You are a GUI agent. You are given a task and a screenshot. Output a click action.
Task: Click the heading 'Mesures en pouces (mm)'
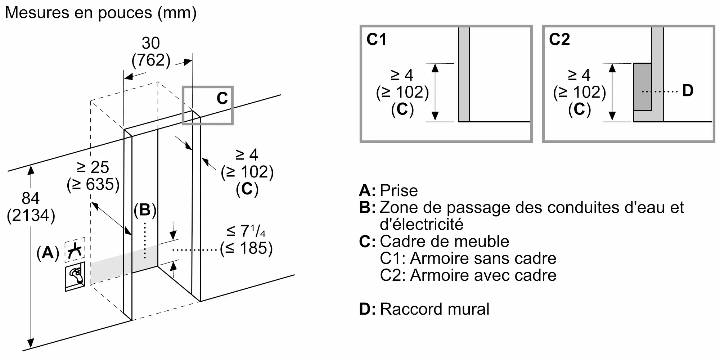101,13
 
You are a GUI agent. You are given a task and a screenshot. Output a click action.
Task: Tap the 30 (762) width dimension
151,52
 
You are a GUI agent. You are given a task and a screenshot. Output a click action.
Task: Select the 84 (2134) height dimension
31,207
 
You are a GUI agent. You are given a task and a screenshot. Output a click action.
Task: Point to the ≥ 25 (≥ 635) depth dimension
93,176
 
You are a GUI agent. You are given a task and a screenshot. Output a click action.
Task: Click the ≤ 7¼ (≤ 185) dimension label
247,240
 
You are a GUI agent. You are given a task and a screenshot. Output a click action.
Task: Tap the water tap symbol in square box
75,276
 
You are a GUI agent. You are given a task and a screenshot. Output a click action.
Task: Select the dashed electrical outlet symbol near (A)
75,249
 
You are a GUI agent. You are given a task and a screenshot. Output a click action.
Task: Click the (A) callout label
48,253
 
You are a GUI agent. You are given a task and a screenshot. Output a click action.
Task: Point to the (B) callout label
145,210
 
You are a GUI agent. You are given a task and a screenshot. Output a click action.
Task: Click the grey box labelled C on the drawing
208,105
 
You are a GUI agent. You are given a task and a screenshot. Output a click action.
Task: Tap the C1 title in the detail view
376,39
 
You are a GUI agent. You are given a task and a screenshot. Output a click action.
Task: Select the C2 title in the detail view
559,39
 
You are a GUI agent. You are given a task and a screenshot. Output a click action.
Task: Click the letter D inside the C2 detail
688,91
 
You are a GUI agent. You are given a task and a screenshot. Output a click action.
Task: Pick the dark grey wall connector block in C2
642,87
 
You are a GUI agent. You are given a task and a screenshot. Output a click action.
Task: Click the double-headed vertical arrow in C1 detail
435,92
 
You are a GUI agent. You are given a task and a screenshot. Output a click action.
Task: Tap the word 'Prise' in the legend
399,190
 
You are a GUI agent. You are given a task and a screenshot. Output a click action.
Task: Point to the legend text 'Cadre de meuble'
444,241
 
